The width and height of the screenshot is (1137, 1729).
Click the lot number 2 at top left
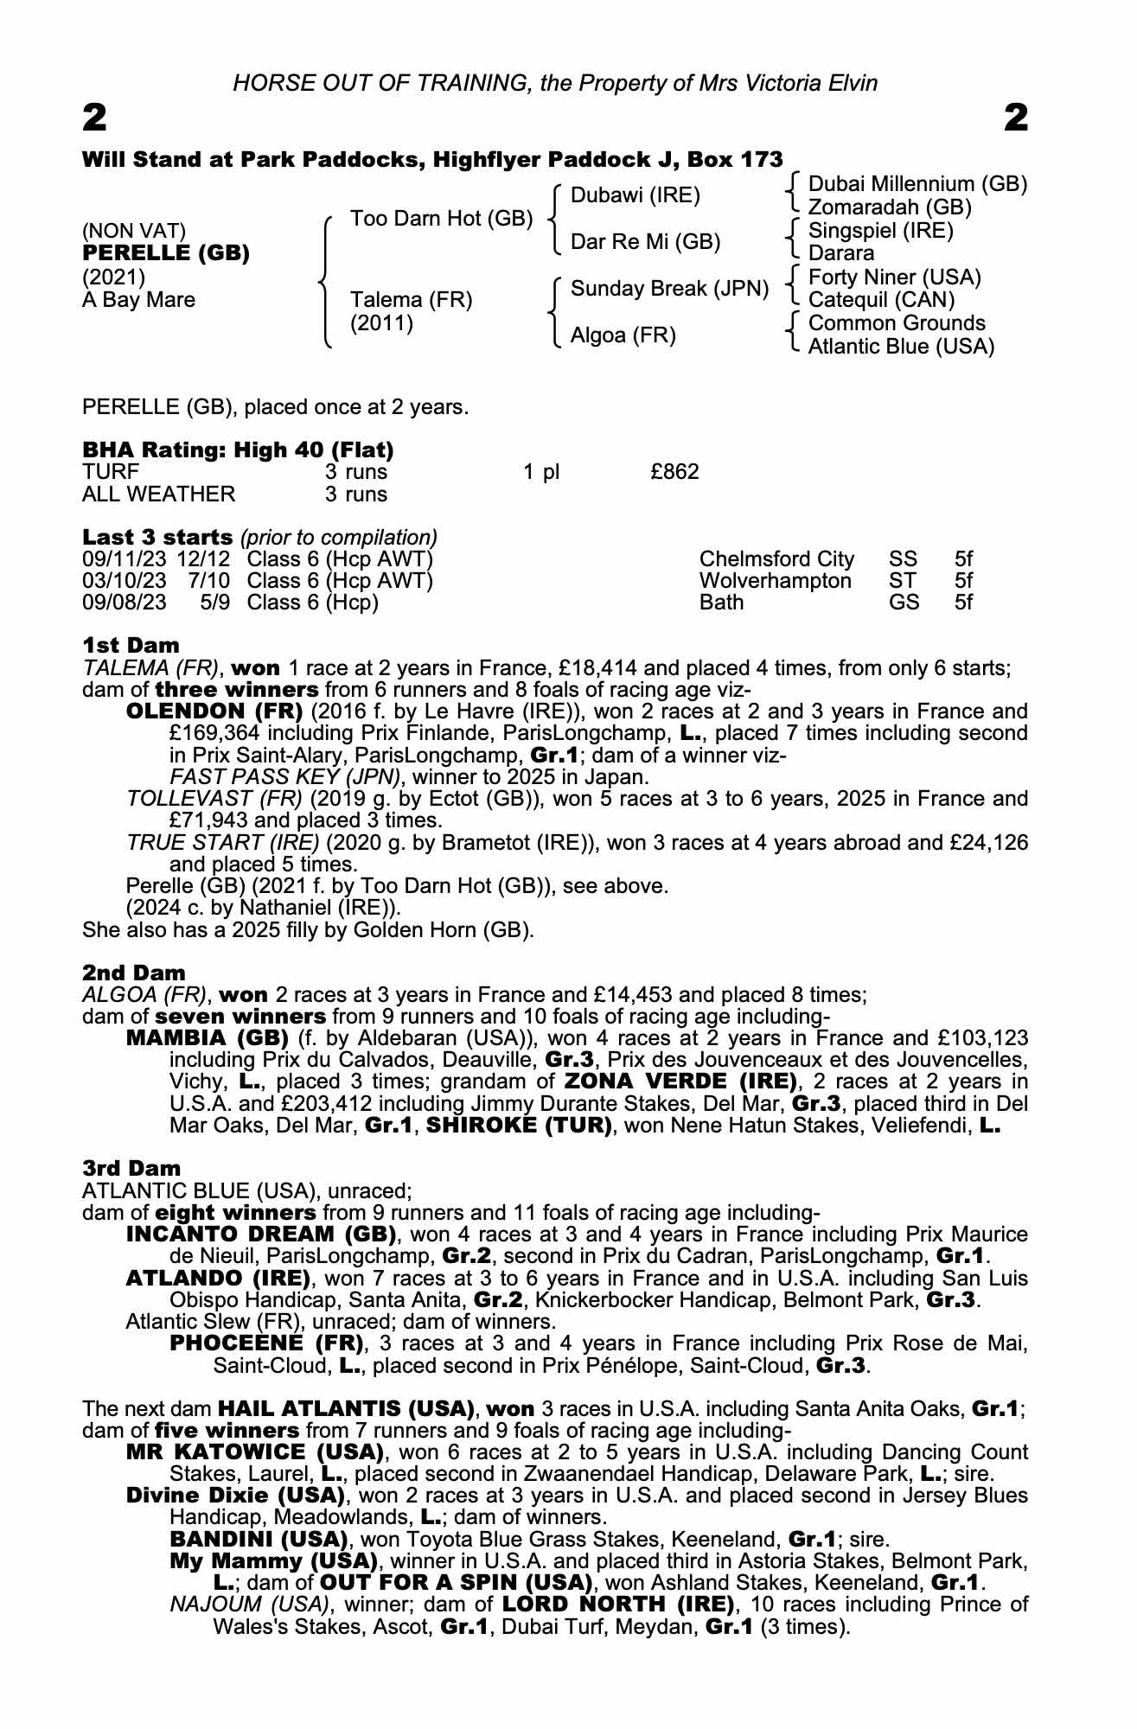94,118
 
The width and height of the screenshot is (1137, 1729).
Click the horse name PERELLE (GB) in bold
165,253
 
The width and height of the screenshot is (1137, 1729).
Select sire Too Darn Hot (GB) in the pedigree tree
441,219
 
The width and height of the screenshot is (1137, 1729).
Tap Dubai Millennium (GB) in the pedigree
917,184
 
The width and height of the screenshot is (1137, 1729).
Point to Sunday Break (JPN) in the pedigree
669,289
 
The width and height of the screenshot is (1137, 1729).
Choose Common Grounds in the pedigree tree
897,323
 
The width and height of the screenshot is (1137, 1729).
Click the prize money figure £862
674,472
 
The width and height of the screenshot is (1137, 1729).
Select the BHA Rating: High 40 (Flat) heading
238,450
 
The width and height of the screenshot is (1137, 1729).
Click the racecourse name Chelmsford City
776,559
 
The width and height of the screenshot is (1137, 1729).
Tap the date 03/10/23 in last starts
124,581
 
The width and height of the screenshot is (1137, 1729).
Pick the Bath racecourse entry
721,603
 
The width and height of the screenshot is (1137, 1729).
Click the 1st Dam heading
131,646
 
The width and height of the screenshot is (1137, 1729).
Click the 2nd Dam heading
133,973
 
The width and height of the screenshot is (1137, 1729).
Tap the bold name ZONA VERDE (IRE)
680,1081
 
